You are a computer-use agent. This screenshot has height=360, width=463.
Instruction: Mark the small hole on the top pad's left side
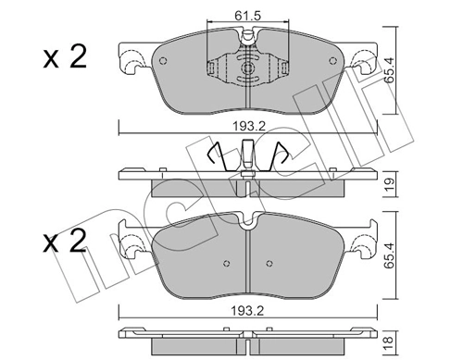pyautogui.click(x=163, y=62)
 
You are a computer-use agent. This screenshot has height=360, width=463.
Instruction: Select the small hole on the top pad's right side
pyautogui.click(x=332, y=62)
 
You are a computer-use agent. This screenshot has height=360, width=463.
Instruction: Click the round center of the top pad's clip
pyautogui.click(x=247, y=68)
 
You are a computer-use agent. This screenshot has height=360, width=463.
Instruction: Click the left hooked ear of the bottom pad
pyautogui.click(x=131, y=242)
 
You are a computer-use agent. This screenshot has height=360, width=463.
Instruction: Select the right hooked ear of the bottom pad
pyautogui.click(x=362, y=242)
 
